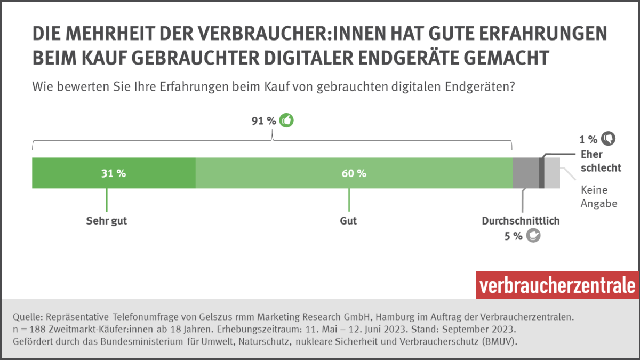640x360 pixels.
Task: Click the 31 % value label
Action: [x=114, y=173]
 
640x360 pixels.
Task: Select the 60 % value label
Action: [x=354, y=173]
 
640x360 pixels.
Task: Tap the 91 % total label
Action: [x=264, y=121]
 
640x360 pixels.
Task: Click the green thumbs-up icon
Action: [x=287, y=121]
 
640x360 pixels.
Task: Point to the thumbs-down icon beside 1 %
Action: [x=608, y=139]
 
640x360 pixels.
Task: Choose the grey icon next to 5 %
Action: [x=533, y=235]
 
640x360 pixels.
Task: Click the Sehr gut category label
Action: [x=107, y=221]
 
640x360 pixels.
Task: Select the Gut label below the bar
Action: [x=348, y=221]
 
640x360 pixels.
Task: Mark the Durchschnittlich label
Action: [x=521, y=221]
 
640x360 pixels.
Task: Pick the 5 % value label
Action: [x=514, y=236]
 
